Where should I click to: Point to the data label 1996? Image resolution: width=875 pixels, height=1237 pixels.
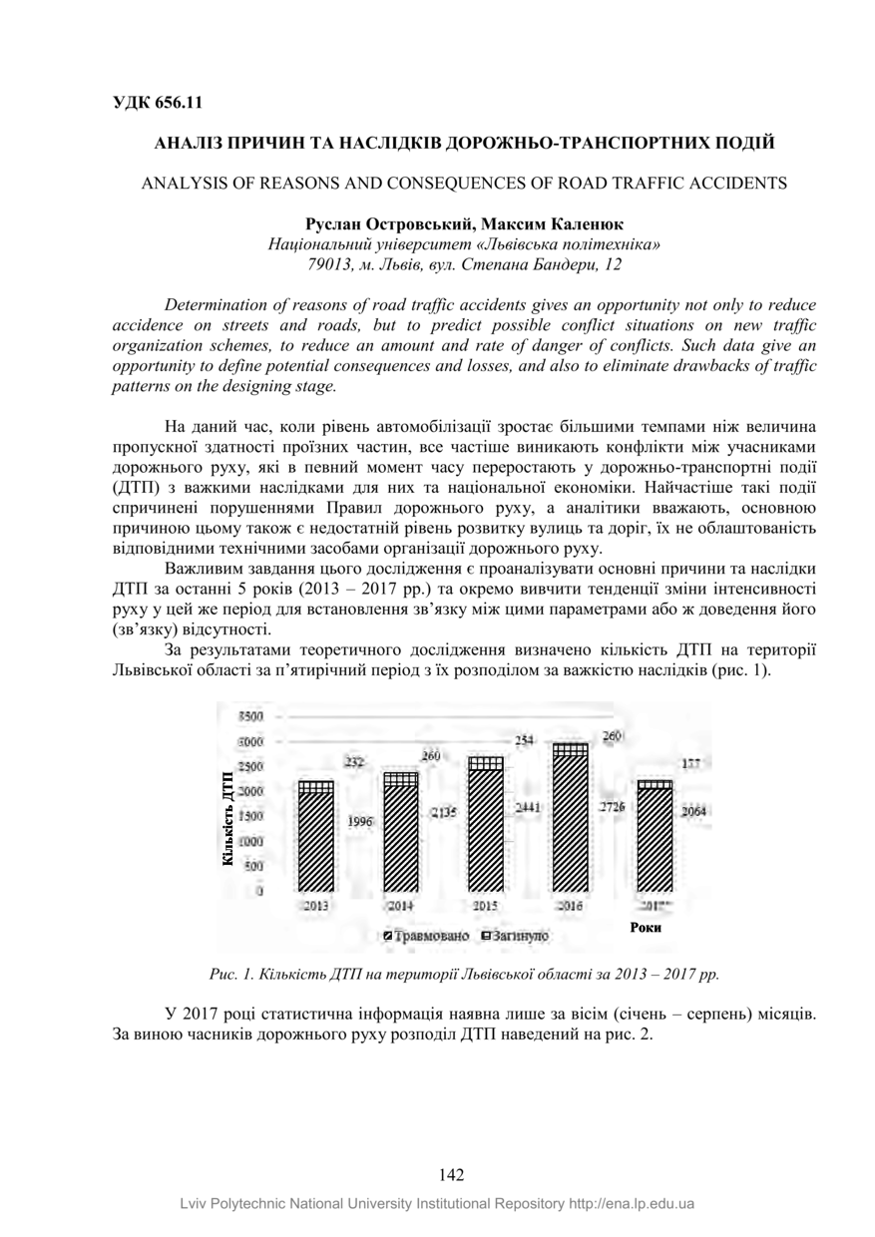pyautogui.click(x=360, y=821)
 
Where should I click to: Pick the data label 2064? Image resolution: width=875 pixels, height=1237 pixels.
pyautogui.click(x=694, y=812)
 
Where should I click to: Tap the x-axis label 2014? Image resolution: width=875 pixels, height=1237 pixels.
pyautogui.click(x=400, y=905)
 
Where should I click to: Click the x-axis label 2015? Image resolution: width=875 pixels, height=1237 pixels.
pyautogui.click(x=486, y=905)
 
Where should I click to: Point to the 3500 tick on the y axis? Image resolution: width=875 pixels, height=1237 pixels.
pyautogui.click(x=250, y=716)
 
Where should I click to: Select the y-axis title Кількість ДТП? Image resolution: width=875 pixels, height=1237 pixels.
pyautogui.click(x=228, y=818)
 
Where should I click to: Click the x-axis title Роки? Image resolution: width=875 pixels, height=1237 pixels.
pyautogui.click(x=646, y=928)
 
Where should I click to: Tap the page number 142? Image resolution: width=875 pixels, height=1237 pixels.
pyautogui.click(x=451, y=1175)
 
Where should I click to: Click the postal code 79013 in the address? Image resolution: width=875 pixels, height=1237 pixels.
pyautogui.click(x=330, y=264)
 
